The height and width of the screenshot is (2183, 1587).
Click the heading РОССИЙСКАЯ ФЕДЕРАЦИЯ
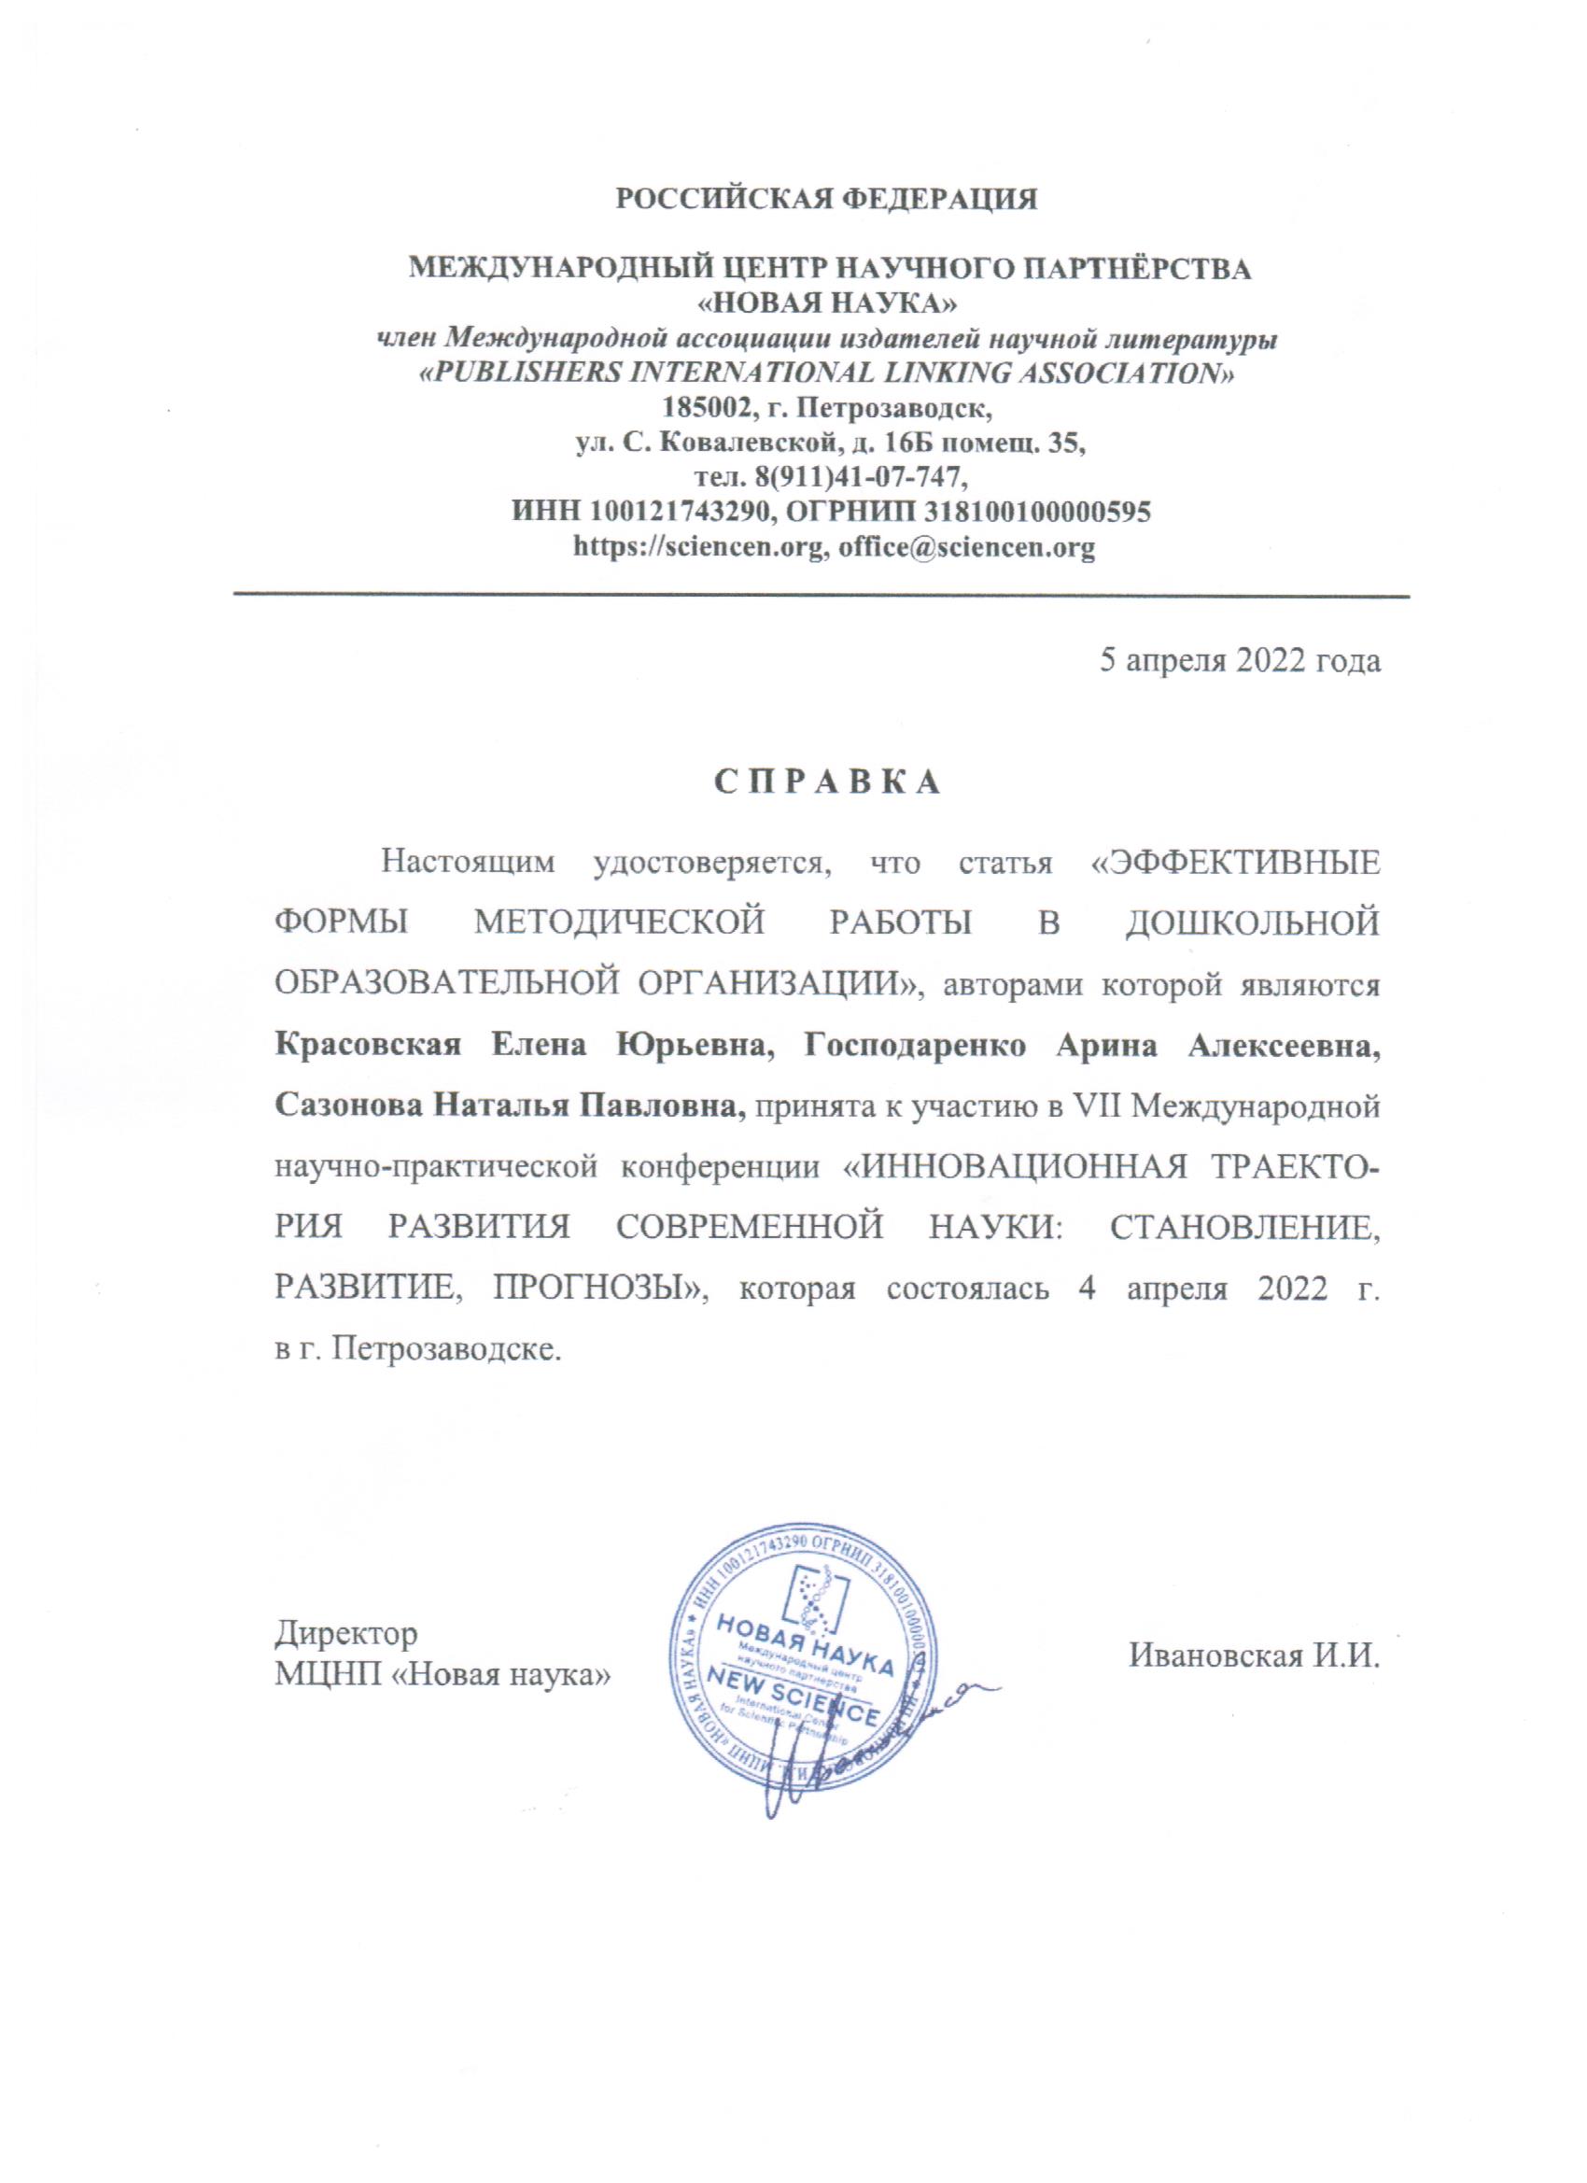coord(827,201)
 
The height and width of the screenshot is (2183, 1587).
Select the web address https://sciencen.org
coord(697,548)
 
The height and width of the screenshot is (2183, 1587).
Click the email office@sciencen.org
coord(966,548)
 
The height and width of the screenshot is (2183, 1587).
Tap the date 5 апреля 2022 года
coord(1241,662)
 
